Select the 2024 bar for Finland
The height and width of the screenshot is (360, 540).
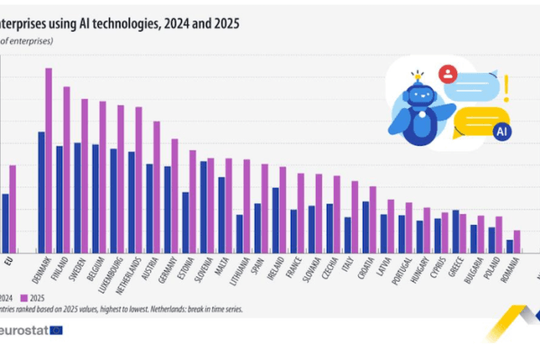[59, 199]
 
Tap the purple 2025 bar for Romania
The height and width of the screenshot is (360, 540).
[517, 242]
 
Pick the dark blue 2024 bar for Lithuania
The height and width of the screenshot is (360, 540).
[239, 233]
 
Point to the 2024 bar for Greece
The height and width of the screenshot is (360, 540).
[455, 231]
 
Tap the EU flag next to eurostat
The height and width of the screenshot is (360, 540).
[56, 330]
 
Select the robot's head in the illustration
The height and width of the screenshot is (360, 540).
[418, 94]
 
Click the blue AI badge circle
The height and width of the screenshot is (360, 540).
[502, 131]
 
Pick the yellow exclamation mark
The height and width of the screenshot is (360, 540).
[507, 87]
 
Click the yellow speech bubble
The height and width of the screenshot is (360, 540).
[477, 121]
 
